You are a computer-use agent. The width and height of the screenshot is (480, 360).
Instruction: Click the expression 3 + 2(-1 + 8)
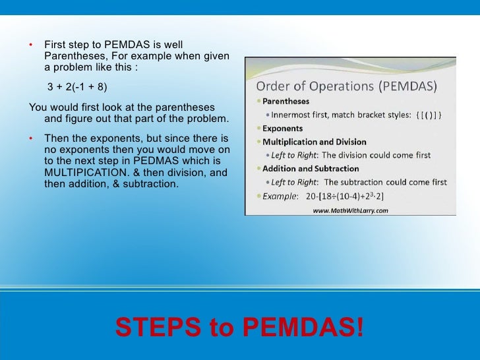pos(76,87)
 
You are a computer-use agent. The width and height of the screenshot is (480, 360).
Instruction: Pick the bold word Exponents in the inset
pos(284,129)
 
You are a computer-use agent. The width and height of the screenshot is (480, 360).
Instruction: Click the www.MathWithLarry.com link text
pos(350,211)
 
